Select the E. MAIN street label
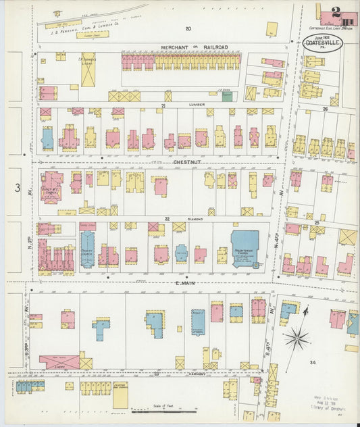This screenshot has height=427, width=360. click(x=165, y=284)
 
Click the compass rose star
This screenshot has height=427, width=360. click(x=295, y=337)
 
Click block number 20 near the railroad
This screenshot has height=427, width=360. click(x=188, y=28)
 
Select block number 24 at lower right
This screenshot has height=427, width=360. click(x=312, y=363)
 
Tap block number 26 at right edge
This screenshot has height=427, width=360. click(x=325, y=108)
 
